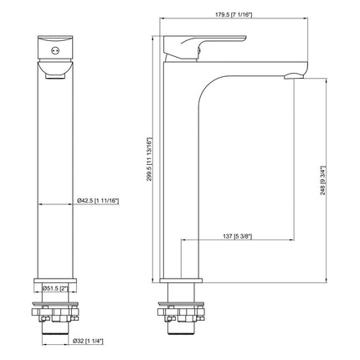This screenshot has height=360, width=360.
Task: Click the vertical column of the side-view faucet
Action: click(x=180, y=184)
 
